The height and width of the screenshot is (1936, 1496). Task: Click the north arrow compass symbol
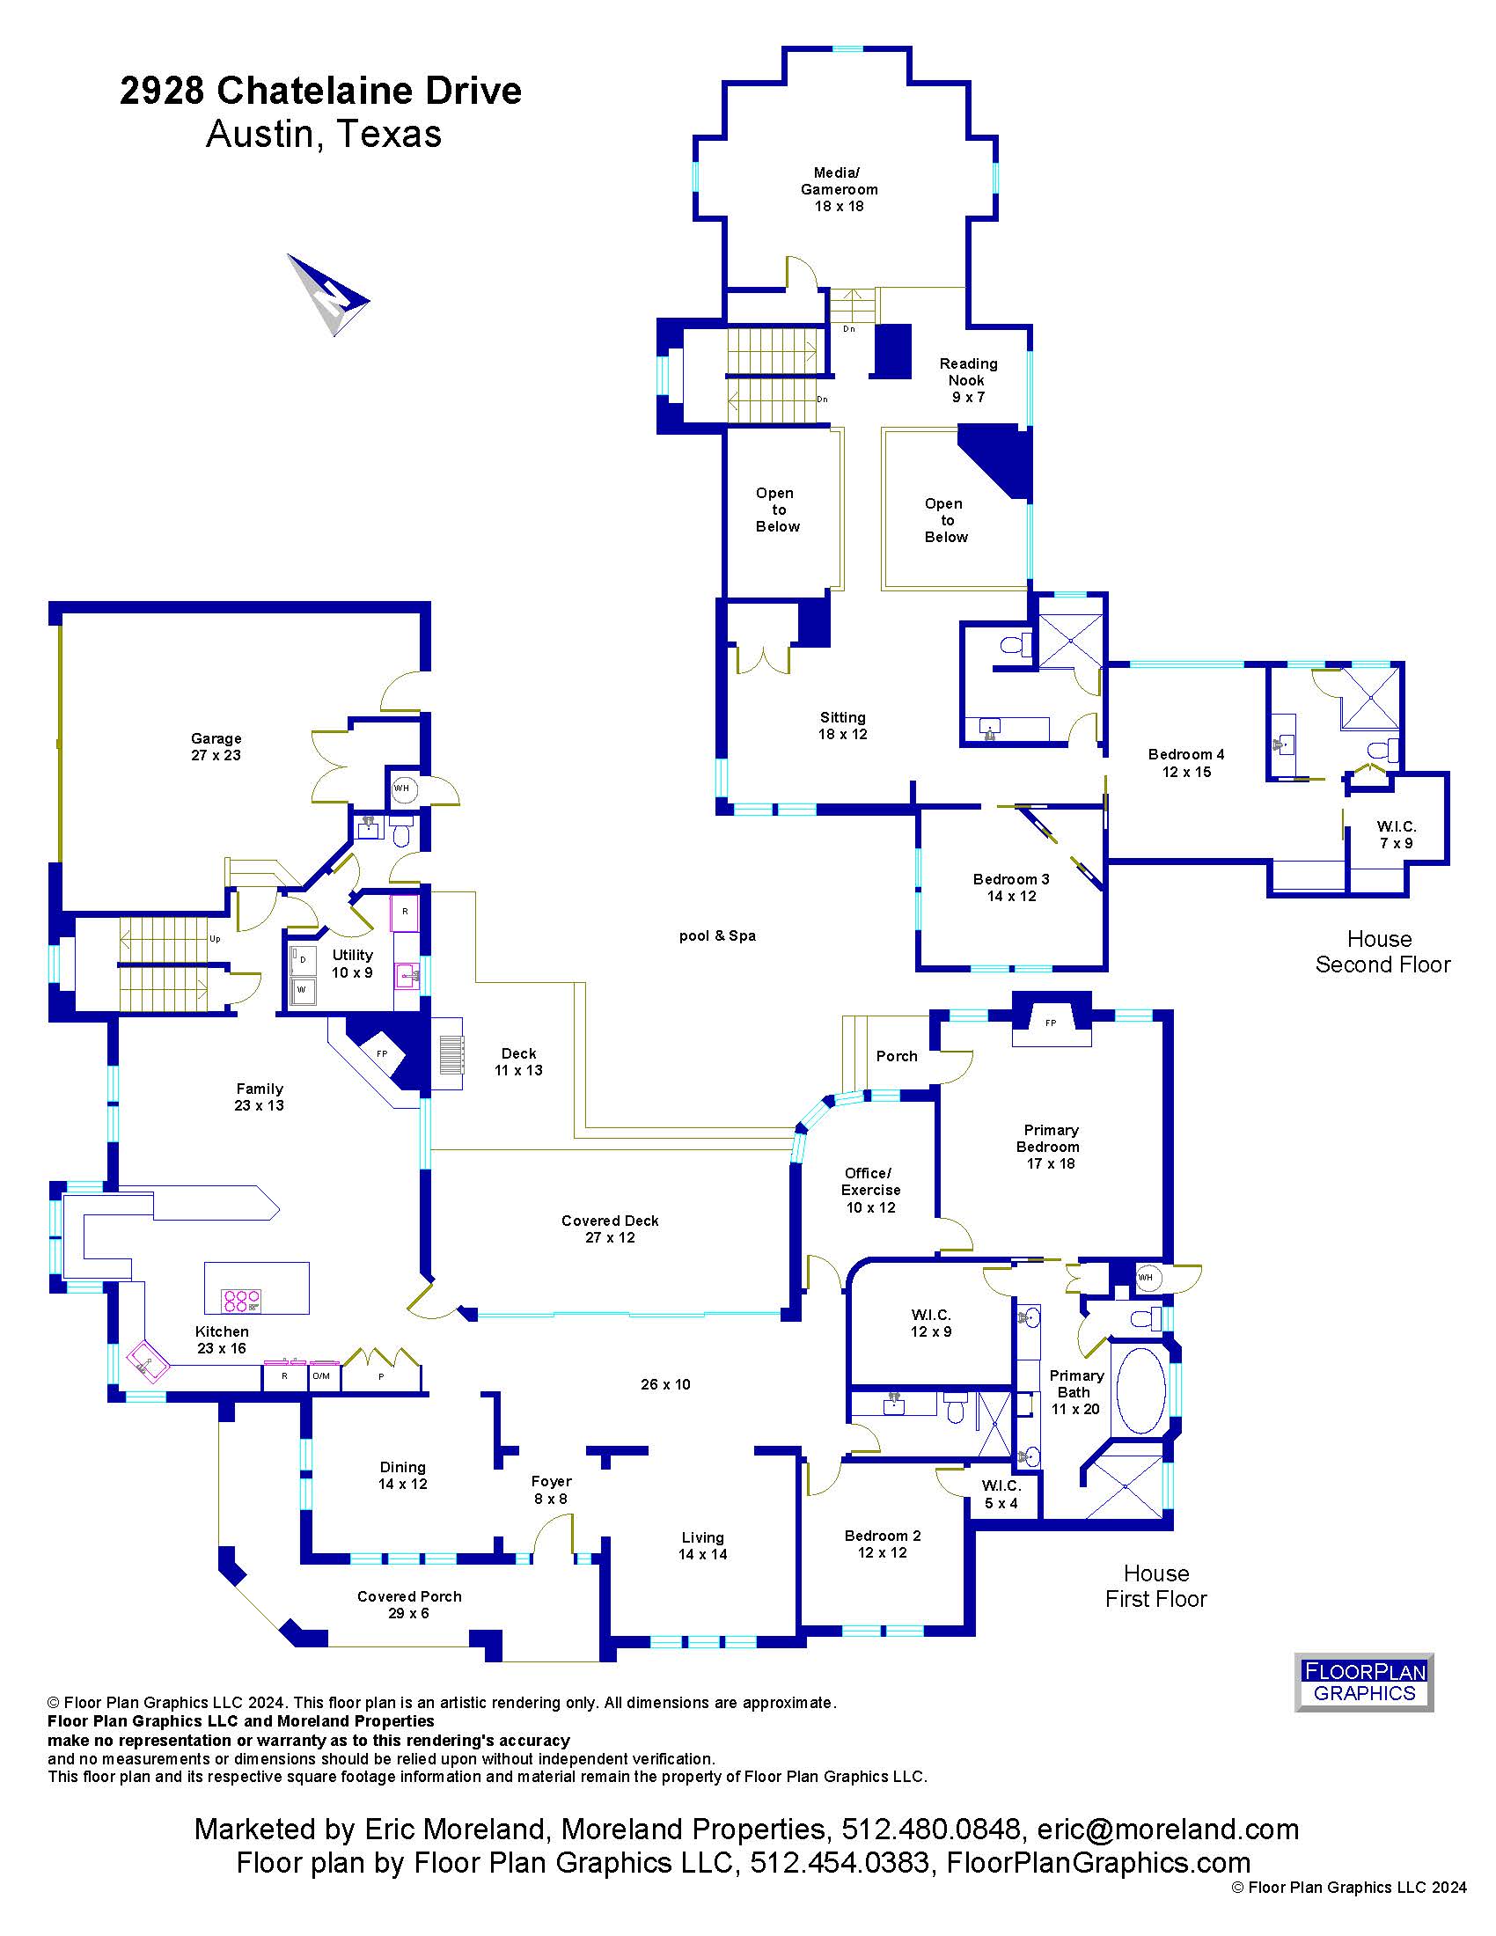click(x=328, y=295)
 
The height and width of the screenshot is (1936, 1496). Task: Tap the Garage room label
click(x=216, y=746)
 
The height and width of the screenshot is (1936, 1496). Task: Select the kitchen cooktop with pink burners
click(x=241, y=1301)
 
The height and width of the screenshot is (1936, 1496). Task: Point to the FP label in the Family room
click(x=382, y=1053)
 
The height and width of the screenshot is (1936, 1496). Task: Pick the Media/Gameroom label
click(x=839, y=189)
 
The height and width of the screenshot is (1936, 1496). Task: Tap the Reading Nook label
click(x=969, y=380)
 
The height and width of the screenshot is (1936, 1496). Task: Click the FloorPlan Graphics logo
click(x=1364, y=1683)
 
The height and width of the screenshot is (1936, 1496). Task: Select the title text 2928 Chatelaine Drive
click(x=321, y=91)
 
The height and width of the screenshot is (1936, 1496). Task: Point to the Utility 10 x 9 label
click(x=352, y=964)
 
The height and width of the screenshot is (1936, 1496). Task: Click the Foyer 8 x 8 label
click(x=551, y=1490)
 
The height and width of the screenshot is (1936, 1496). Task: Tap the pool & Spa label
click(x=718, y=935)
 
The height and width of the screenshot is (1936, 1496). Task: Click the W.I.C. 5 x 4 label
click(x=1001, y=1494)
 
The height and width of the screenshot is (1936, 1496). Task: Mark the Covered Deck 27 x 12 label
click(x=610, y=1228)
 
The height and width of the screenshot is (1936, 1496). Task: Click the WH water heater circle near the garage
click(x=402, y=788)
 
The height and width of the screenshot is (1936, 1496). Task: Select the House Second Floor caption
click(x=1382, y=951)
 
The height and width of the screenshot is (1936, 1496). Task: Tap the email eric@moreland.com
click(x=1168, y=1829)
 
